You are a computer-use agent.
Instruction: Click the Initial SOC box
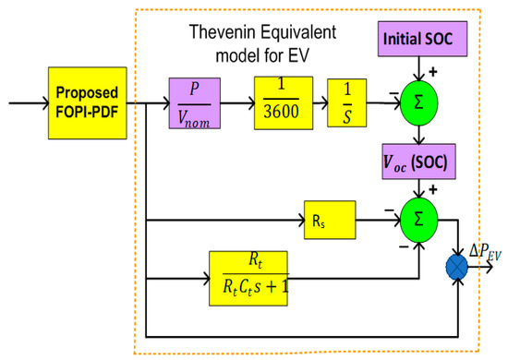[421, 41]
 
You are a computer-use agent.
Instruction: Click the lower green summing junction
[420, 221]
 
